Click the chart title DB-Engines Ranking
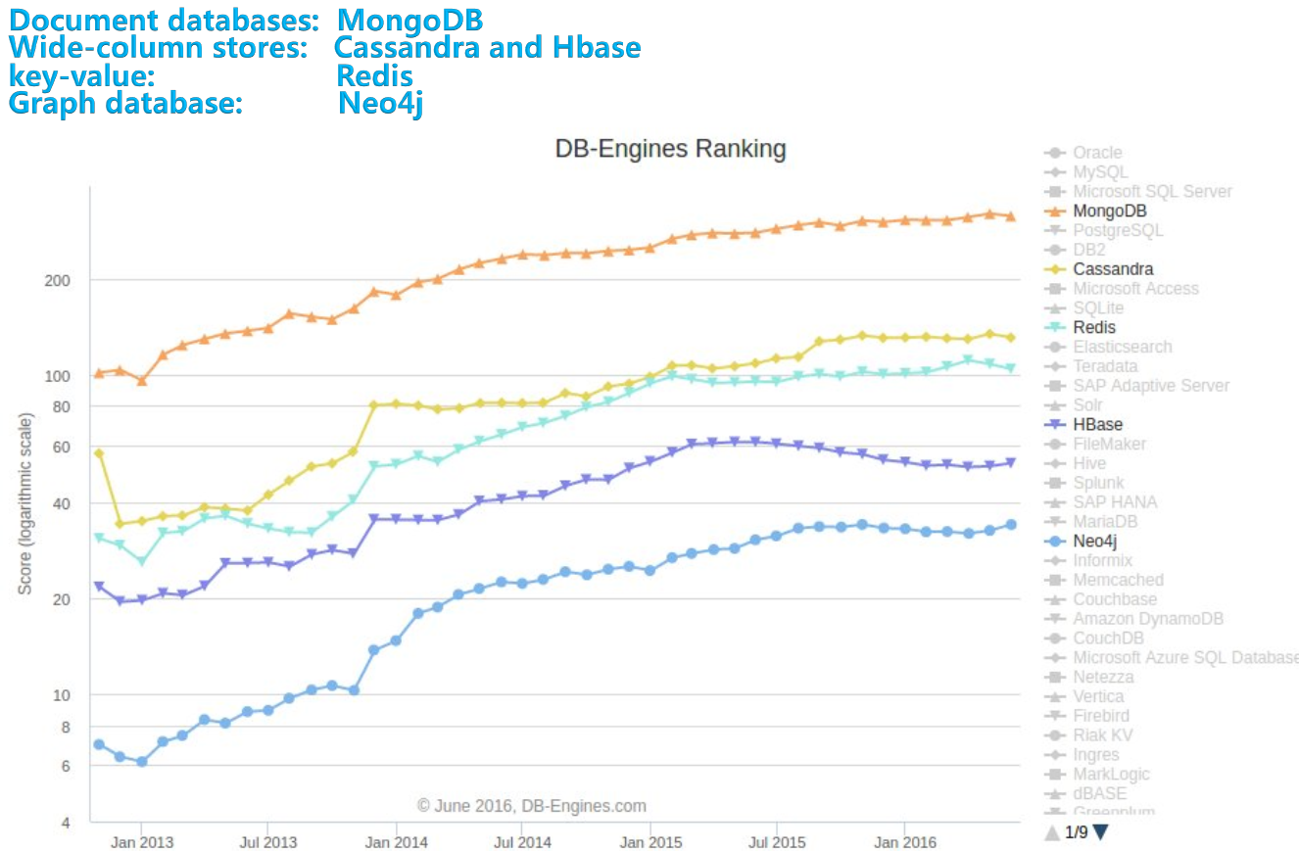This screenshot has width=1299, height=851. point(670,149)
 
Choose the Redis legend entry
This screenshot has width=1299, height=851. point(1093,327)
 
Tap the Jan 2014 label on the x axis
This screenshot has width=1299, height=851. point(395,842)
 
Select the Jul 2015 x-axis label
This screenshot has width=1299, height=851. point(776,842)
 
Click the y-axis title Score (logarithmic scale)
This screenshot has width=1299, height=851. point(25,503)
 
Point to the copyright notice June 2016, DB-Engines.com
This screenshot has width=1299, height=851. point(532,806)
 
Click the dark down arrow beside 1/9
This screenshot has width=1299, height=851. point(1100,832)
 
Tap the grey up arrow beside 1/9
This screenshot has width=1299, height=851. point(1052,832)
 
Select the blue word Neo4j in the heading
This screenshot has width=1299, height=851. point(380,103)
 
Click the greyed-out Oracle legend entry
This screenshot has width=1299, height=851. point(1096,153)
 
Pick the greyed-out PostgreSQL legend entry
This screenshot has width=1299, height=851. point(1118,230)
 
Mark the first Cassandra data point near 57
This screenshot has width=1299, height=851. point(98,453)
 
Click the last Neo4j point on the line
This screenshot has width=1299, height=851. point(1011,525)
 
